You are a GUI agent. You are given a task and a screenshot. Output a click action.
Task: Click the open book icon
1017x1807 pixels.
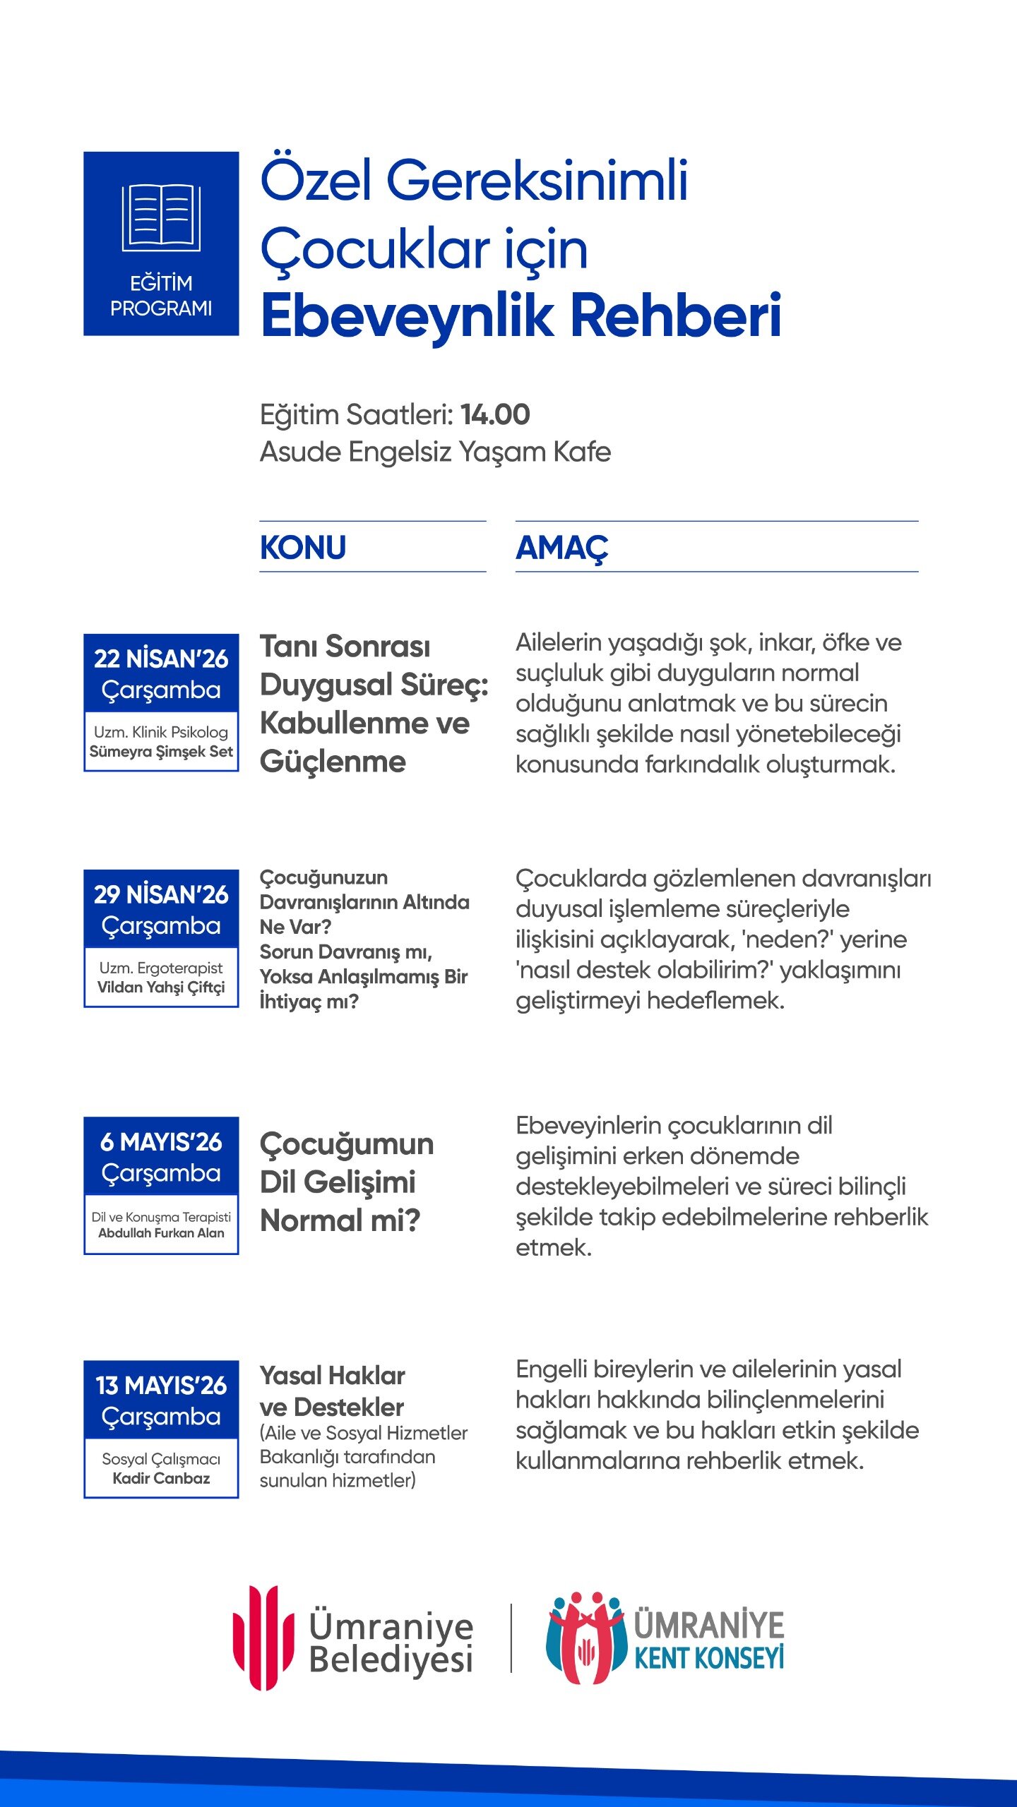point(161,218)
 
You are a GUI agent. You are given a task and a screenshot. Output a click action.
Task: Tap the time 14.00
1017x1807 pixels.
point(495,414)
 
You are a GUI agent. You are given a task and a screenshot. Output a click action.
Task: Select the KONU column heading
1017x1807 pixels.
point(303,548)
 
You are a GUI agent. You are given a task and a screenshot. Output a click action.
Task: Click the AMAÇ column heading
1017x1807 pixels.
point(562,548)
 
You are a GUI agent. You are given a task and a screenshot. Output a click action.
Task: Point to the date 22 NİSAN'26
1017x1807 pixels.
point(161,659)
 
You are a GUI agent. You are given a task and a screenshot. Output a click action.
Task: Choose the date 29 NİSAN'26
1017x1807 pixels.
point(161,894)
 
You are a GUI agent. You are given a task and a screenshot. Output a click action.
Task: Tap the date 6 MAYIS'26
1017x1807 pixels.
point(161,1141)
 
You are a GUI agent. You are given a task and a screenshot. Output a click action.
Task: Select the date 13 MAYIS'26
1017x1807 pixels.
point(161,1385)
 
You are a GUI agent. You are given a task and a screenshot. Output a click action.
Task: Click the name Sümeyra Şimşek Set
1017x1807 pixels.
point(161,752)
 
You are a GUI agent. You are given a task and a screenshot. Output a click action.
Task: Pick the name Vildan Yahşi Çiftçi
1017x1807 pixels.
point(161,987)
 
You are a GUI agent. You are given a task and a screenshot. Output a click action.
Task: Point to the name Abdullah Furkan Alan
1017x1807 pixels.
point(161,1233)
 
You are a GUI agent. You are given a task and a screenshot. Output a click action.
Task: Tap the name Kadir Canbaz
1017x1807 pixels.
point(161,1478)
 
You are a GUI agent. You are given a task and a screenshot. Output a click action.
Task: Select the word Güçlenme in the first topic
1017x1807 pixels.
point(333,762)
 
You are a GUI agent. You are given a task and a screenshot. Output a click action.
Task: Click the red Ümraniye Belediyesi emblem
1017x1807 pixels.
point(263,1638)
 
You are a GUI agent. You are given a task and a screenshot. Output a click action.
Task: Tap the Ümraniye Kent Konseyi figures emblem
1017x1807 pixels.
point(585,1638)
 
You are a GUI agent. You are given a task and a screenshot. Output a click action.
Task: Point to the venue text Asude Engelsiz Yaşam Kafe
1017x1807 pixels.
point(435,452)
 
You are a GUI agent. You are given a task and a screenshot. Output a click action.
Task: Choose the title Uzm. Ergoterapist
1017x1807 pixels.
point(161,968)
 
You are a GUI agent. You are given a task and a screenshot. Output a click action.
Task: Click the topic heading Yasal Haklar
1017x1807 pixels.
point(332,1376)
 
